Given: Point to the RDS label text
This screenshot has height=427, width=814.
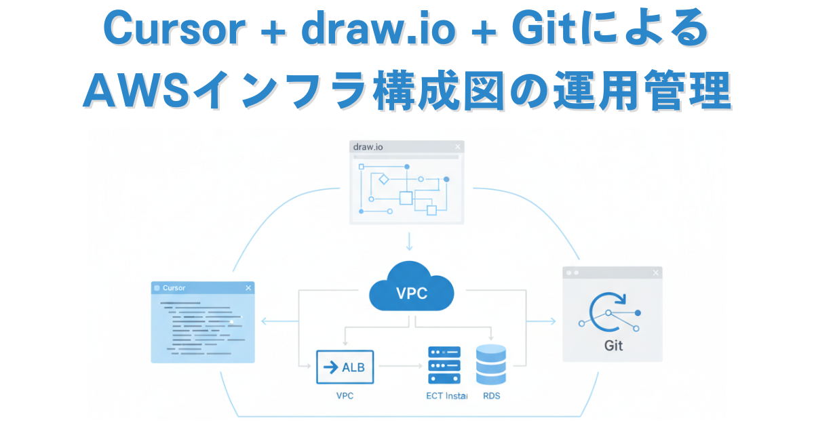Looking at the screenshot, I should click(x=491, y=395).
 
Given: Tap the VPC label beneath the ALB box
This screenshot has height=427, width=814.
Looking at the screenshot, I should click(x=345, y=395).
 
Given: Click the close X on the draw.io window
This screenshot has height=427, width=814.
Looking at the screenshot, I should click(x=458, y=146).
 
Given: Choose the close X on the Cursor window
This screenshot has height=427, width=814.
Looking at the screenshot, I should click(x=248, y=288).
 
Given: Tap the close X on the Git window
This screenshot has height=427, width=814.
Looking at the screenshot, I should click(x=655, y=272).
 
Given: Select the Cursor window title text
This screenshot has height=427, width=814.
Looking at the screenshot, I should click(x=174, y=288).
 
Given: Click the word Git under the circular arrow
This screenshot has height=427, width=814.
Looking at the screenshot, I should click(x=613, y=345).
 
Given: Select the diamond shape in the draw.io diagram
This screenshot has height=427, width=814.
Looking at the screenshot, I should click(x=382, y=180).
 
